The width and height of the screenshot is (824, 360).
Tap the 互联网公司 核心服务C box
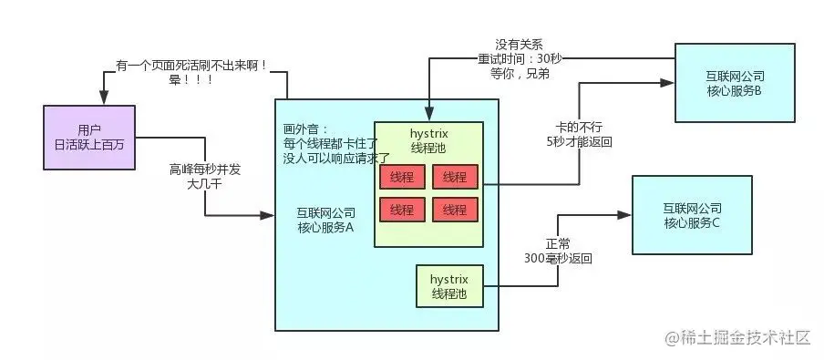[692, 215]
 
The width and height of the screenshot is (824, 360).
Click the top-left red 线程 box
[401, 177]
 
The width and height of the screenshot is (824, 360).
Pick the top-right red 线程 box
[454, 177]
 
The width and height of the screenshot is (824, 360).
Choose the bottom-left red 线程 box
[401, 210]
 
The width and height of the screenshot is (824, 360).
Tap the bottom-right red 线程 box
[454, 210]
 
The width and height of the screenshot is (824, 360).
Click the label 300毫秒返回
[558, 258]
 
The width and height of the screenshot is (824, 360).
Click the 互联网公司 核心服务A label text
[325, 220]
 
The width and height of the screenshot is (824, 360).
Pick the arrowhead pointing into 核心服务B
[668, 82]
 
